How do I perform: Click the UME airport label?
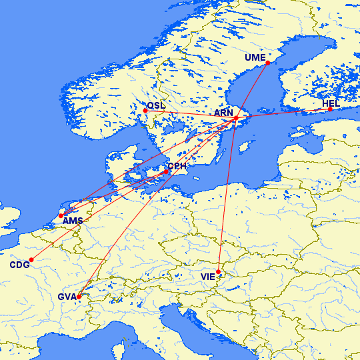pos(255,57)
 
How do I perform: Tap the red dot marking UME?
pos(267,63)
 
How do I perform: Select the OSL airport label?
pos(157,105)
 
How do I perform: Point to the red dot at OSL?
pos(145,111)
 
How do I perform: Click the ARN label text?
pos(223,113)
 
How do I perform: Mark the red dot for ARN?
pos(235,119)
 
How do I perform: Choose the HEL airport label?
pos(331,103)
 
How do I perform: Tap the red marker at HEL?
pos(329,109)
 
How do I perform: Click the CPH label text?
pos(177,166)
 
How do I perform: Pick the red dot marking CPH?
pos(166,172)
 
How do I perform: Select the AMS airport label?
pos(73,221)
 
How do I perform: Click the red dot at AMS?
pos(61,215)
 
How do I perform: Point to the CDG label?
pos(19,265)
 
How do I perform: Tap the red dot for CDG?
pos(31,259)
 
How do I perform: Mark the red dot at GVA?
pos(79,296)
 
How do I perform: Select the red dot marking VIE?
pos(219,271)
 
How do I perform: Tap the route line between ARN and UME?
pos(251,91)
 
